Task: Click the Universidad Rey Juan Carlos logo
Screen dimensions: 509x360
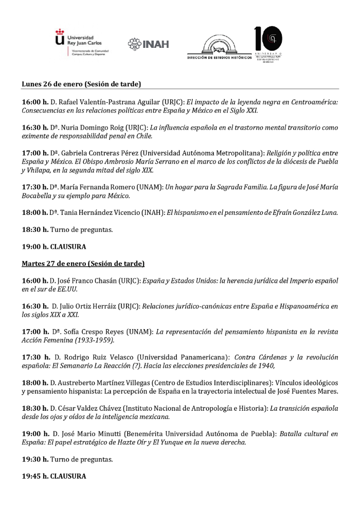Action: coord(85,43)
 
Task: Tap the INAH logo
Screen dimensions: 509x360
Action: coord(149,44)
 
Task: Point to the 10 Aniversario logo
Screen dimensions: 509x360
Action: coord(269,44)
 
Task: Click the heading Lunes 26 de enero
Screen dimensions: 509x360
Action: coord(81,83)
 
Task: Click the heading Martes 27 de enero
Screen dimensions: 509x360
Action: coord(83,264)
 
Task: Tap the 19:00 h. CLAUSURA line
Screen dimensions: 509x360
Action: coord(53,246)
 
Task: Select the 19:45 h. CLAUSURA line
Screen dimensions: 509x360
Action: coord(53,476)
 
